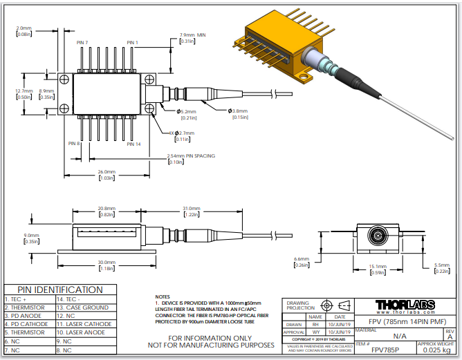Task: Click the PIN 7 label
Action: (82, 43)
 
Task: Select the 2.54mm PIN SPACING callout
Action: (191, 156)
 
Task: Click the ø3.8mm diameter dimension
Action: (239, 111)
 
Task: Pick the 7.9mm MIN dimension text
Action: (193, 35)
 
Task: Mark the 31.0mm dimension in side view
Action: (191, 208)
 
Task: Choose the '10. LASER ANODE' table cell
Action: (82, 332)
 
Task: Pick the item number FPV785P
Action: (369, 350)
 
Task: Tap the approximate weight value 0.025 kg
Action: (436, 350)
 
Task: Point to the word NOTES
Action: (163, 296)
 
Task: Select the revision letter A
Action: (450, 337)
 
